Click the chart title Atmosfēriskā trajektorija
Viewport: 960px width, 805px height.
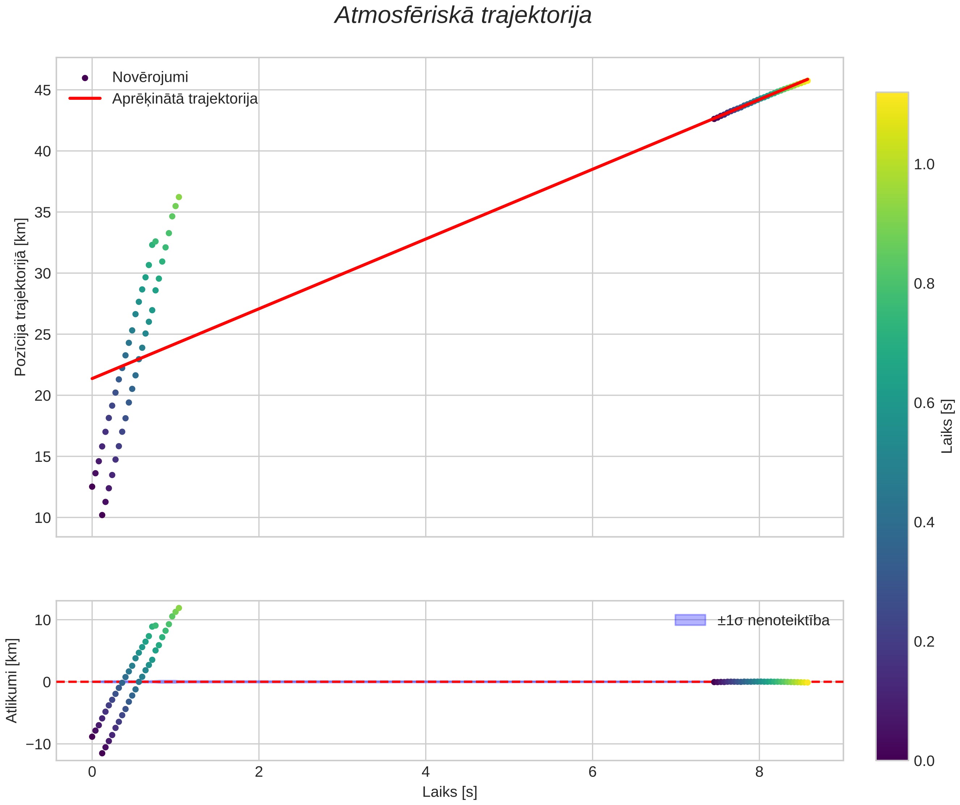[x=463, y=16]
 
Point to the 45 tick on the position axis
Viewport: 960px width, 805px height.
[x=42, y=90]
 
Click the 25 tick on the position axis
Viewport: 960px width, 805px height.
[x=42, y=335]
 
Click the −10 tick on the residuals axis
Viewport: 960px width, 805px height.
[x=38, y=744]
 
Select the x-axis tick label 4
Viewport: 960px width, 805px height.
[x=426, y=772]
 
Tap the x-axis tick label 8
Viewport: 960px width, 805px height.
[x=759, y=772]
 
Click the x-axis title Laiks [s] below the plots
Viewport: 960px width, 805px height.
[x=449, y=792]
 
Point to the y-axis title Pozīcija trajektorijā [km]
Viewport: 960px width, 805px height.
[x=21, y=297]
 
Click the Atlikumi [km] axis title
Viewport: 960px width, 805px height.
[x=12, y=680]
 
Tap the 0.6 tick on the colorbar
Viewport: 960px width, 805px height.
[x=924, y=403]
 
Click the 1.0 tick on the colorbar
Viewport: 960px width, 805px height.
[x=924, y=165]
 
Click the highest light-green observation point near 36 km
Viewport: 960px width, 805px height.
[x=179, y=197]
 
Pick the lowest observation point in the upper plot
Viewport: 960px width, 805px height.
[x=102, y=515]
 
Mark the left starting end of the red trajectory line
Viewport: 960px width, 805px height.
[x=92, y=378]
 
